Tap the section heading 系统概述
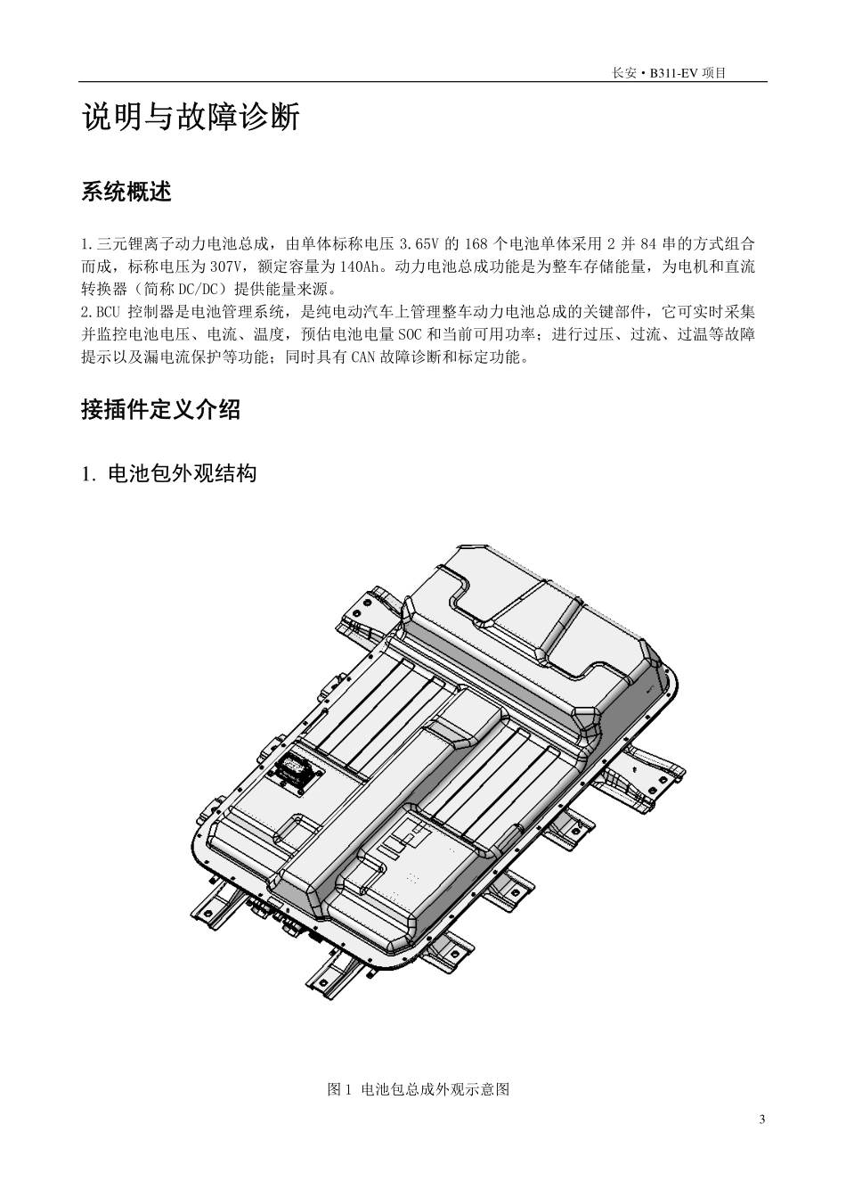pos(126,192)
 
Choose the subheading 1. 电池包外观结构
pos(169,474)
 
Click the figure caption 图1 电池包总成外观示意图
pos(419,1089)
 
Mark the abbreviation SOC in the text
pos(438,335)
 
